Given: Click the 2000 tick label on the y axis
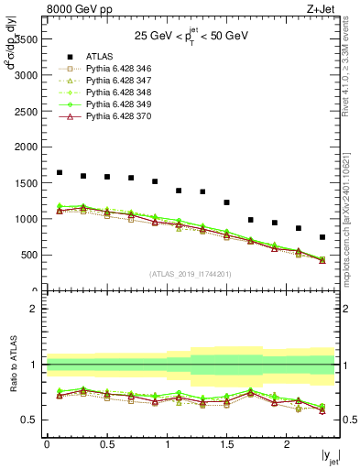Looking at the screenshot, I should (x=25, y=147).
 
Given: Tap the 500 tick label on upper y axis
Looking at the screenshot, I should (x=28, y=256).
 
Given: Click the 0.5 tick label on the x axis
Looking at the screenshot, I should (x=107, y=444).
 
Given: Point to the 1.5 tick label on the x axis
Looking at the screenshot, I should (x=226, y=444).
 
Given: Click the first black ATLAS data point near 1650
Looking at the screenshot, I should (x=60, y=172).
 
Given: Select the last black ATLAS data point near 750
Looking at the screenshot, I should (x=322, y=237).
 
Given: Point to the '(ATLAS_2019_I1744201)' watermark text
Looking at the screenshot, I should (x=191, y=274).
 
